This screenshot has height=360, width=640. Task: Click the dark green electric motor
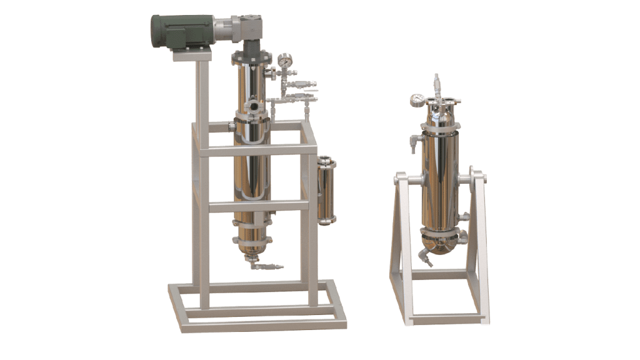[179, 31]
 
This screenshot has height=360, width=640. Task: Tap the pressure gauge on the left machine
[286, 61]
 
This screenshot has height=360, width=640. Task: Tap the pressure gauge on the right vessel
[416, 100]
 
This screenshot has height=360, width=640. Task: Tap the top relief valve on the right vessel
[437, 84]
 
